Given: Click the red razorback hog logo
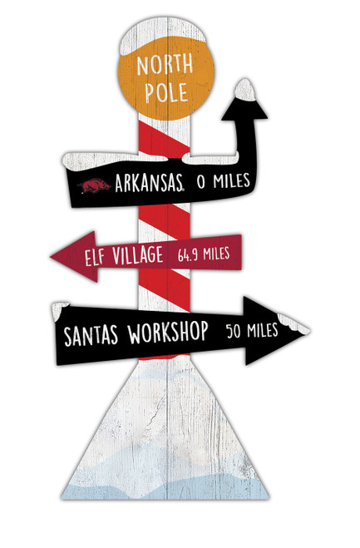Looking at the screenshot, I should [x=96, y=184].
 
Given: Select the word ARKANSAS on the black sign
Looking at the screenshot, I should [x=148, y=182].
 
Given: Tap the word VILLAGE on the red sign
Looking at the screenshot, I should [x=141, y=254].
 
